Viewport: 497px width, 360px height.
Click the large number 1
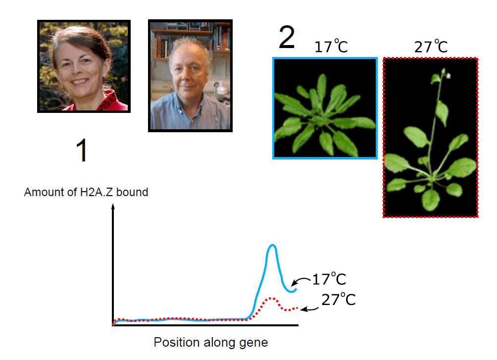82,151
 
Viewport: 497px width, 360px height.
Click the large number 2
287,38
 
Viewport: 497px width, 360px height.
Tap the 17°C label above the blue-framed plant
331,47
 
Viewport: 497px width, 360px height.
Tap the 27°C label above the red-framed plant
431,47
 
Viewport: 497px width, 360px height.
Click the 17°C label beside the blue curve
329,279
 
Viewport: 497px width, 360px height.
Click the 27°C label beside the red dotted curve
339,300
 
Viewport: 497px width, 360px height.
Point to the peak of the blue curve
272,245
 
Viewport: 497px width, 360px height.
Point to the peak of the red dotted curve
271,298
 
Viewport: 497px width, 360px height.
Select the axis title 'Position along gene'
211,343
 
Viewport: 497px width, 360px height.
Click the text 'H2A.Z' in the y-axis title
97,192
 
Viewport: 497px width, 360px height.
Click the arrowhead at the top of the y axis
113,206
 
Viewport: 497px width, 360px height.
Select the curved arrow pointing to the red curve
309,309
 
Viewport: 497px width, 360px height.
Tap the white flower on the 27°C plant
448,75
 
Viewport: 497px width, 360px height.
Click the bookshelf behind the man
190,38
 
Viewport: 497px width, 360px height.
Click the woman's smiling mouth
80,82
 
